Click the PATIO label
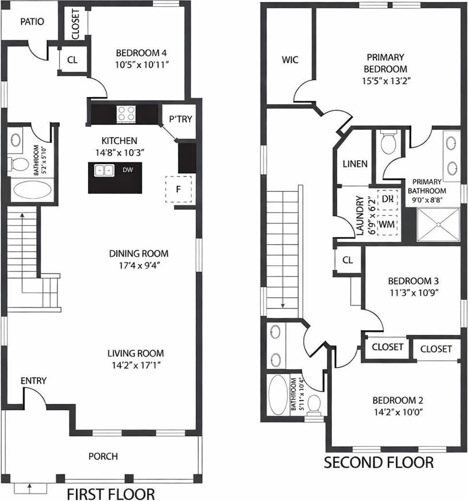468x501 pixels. pos(32,22)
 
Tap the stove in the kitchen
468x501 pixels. pos(126,114)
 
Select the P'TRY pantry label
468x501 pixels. pos(181,119)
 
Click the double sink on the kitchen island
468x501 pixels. pos(104,170)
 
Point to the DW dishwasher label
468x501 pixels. pos(128,170)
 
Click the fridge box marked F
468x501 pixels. pos(179,189)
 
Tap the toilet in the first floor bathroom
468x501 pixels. pos(20,164)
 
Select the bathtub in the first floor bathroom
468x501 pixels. pos(32,190)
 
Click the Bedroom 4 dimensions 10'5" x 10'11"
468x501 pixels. pos(142,65)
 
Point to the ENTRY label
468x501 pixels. pos(33,380)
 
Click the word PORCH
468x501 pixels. pos(103,456)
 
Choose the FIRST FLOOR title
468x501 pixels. pos(111,494)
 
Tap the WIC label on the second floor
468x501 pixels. pos(290,60)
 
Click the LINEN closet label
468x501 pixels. pos(355,164)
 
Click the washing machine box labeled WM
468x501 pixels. pos(387,225)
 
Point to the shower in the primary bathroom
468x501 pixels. pos(438,225)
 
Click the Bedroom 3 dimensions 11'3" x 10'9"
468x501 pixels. pos(414,292)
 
